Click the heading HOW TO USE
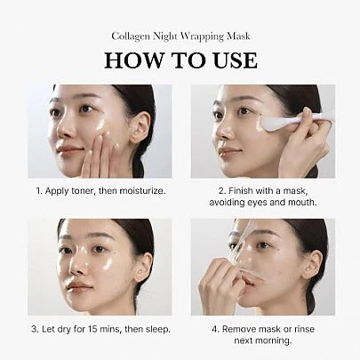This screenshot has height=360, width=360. click(x=180, y=60)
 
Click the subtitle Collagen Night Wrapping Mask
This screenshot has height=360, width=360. click(x=180, y=36)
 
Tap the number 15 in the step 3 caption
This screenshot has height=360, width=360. click(x=89, y=328)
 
